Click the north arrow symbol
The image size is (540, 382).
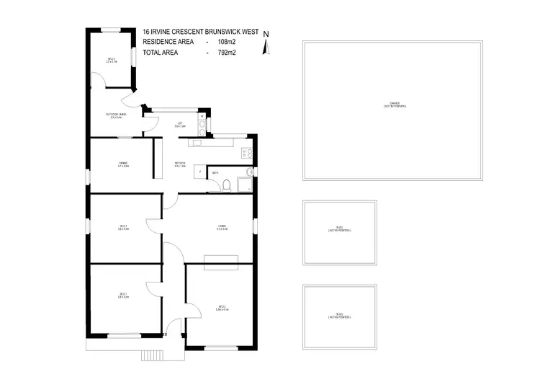tap(266, 45)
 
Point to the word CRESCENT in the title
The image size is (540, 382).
tap(187, 32)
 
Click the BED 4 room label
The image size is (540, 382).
tap(112, 61)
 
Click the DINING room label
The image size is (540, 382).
tap(123, 164)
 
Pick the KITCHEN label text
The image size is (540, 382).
tap(180, 164)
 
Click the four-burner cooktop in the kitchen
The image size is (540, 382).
tap(246, 152)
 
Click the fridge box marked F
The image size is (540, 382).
tap(199, 172)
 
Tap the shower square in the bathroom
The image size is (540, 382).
tap(248, 172)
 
